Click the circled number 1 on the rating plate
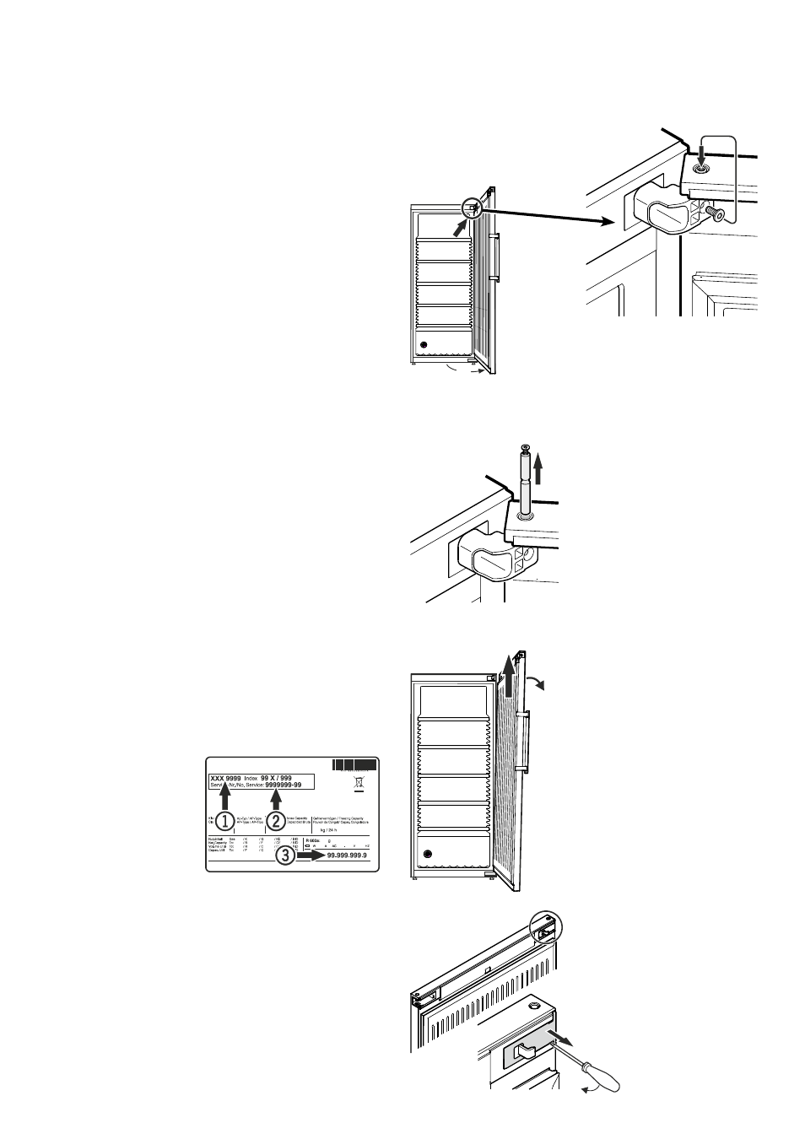(224, 820)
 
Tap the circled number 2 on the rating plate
(275, 820)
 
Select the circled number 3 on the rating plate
(286, 856)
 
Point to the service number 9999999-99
(290, 785)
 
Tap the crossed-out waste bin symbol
(359, 783)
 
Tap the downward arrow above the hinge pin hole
(700, 154)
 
